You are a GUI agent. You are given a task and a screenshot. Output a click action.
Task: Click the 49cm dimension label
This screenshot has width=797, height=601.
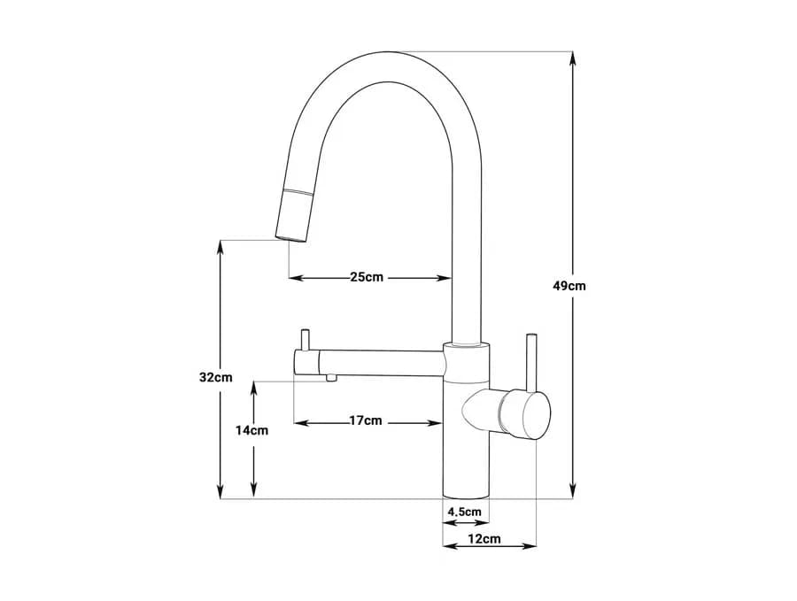[569, 286]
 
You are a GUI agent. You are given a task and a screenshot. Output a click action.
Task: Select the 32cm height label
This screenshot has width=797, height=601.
[215, 377]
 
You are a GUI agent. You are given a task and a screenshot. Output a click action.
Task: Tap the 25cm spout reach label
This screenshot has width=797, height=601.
[367, 277]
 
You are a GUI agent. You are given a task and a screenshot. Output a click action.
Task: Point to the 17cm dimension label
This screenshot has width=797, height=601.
[366, 421]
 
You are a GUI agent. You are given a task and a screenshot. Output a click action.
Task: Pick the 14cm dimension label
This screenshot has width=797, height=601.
[251, 431]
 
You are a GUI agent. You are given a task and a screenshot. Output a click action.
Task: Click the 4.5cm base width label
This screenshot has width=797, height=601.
[464, 512]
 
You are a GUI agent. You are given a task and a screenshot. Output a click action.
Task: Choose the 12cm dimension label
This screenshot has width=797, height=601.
[484, 539]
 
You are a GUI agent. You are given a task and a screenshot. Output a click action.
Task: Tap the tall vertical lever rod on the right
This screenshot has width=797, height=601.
[531, 363]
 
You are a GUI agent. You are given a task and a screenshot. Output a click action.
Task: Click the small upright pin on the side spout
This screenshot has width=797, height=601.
[306, 340]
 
